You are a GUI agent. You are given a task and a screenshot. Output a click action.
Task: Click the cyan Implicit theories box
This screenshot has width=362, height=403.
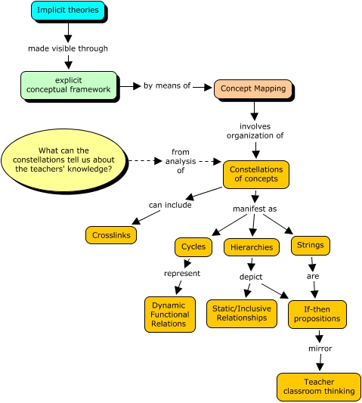click(67, 11)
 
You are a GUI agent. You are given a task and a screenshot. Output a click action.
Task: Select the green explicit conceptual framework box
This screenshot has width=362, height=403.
click(69, 85)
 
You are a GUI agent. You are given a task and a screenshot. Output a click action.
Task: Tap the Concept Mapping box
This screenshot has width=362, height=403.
click(252, 88)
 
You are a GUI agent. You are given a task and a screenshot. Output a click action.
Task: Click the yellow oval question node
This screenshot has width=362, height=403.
click(63, 160)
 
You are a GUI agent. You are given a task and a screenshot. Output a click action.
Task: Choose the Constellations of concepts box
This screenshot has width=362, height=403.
click(255, 174)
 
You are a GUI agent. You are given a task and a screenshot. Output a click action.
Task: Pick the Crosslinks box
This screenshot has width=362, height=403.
click(110, 235)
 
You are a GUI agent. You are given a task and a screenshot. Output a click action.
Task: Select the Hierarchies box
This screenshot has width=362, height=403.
click(252, 247)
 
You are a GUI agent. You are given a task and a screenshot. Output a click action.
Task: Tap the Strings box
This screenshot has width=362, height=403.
click(310, 245)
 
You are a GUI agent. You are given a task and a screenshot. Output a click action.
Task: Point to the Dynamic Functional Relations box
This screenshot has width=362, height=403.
click(169, 314)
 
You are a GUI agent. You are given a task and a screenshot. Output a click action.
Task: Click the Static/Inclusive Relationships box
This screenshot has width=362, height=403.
click(241, 313)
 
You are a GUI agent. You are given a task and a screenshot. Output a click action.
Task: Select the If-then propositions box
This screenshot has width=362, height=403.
click(317, 315)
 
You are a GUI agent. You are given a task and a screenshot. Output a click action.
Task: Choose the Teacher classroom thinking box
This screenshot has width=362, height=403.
click(318, 386)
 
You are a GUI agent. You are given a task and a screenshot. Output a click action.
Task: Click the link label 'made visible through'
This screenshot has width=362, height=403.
click(68, 48)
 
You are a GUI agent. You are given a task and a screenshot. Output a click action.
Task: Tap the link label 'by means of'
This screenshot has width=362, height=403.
click(167, 86)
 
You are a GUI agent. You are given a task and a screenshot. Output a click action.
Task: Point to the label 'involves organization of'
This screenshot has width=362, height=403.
click(255, 131)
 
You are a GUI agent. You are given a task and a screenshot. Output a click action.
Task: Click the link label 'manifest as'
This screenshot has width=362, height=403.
click(255, 207)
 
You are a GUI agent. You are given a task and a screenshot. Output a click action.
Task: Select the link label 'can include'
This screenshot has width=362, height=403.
click(169, 204)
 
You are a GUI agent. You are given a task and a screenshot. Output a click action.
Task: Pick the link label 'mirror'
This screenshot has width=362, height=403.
click(320, 349)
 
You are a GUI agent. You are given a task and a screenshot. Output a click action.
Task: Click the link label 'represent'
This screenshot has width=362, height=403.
click(181, 273)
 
